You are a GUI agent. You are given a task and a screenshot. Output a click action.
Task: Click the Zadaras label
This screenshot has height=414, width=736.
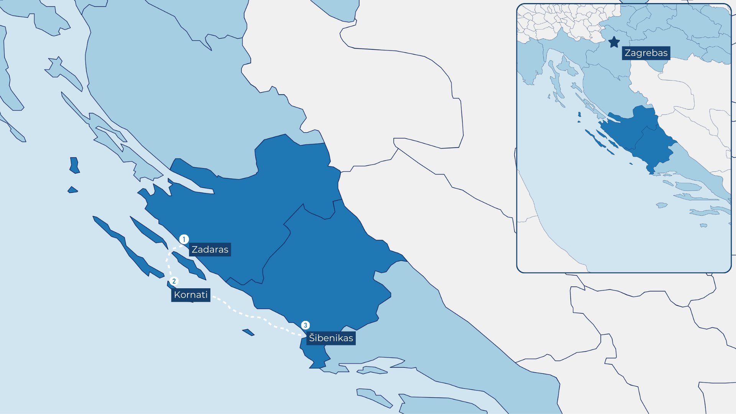tap(210, 250)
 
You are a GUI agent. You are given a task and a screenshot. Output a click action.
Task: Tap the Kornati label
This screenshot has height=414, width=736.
tap(191, 295)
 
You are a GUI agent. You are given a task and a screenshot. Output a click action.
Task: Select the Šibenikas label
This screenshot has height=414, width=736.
tap(331, 338)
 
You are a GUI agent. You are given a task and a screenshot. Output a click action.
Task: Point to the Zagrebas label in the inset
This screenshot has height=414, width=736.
tap(646, 53)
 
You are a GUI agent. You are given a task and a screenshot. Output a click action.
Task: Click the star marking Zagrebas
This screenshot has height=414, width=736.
tap(614, 42)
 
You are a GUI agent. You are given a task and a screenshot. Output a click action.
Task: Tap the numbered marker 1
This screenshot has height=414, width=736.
tap(184, 240)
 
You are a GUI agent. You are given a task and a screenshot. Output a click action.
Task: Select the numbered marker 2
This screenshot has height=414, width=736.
tap(174, 281)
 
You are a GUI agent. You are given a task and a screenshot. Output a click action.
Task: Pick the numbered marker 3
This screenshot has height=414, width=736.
tap(305, 325)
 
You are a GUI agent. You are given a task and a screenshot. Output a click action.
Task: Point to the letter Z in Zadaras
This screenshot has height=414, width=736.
tap(195, 250)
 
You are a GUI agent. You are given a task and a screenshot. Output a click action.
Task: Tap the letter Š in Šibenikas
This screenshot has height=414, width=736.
tap(312, 338)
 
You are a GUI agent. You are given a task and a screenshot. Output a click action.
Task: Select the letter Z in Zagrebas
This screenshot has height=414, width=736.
tap(628, 53)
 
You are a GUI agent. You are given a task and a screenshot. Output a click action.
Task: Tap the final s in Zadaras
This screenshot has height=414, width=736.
tap(226, 250)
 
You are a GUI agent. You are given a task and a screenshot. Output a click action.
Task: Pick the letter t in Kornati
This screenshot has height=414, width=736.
tap(202, 295)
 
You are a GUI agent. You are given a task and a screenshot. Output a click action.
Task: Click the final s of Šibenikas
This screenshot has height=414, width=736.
tap(350, 338)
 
